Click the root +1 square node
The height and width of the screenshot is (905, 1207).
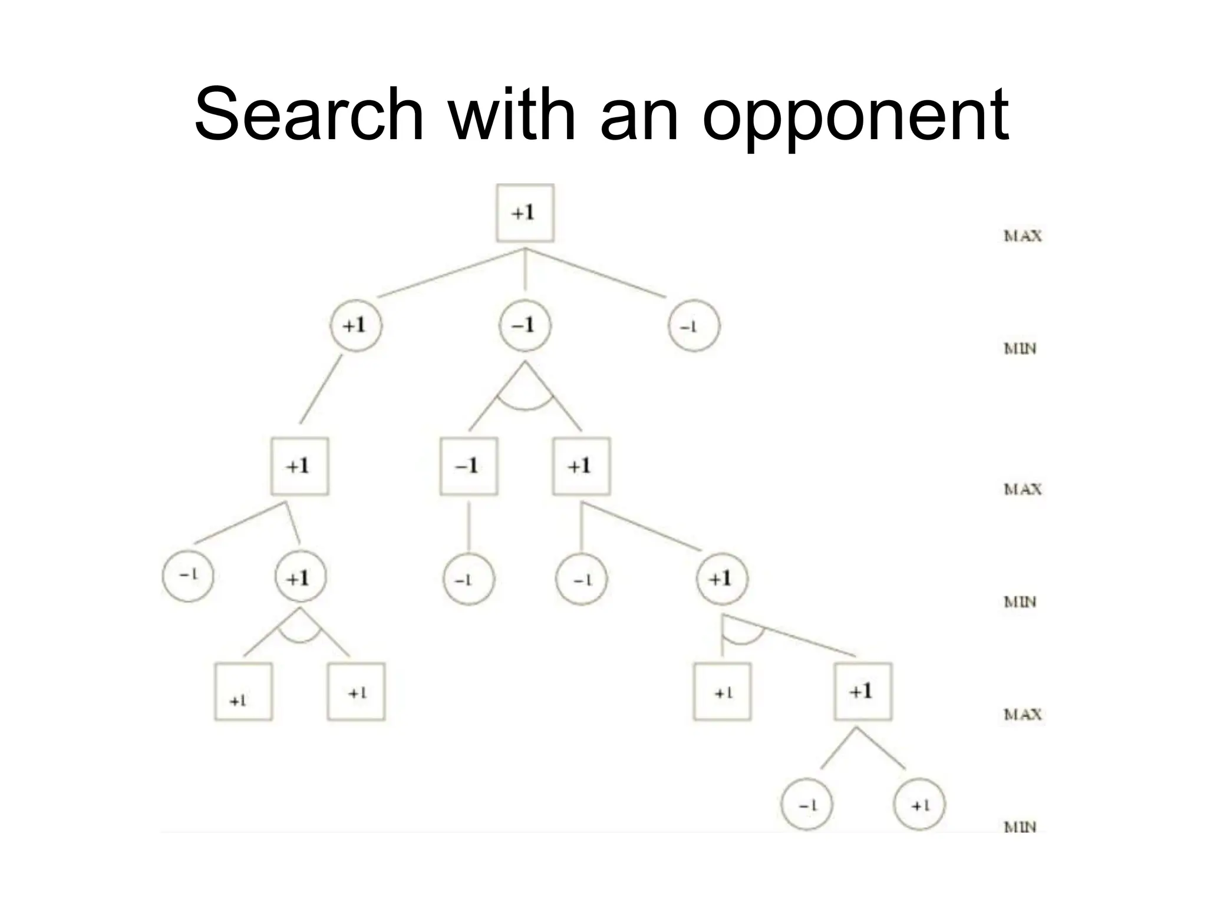coord(525,213)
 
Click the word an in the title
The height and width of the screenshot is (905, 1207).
coord(639,118)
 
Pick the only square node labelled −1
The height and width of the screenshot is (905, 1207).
coord(469,466)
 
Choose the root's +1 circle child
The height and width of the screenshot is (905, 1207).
coord(355,326)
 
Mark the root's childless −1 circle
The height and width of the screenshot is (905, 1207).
coord(694,326)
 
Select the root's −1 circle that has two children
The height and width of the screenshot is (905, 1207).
coord(525,326)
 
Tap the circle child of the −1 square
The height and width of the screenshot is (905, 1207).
coord(469,579)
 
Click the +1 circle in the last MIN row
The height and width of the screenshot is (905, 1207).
coord(919,804)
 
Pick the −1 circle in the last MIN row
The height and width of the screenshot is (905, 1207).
coord(806,804)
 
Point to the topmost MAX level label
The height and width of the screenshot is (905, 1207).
coord(1023,236)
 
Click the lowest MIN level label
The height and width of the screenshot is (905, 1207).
coord(1020,827)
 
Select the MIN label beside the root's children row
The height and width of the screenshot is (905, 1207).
coord(1020,349)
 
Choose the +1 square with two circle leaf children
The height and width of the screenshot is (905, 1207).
coord(863,692)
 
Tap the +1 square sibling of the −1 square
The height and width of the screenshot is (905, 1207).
coord(581,466)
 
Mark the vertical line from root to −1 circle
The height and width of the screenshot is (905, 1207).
coord(525,270)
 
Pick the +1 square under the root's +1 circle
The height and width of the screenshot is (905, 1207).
coord(299,466)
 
